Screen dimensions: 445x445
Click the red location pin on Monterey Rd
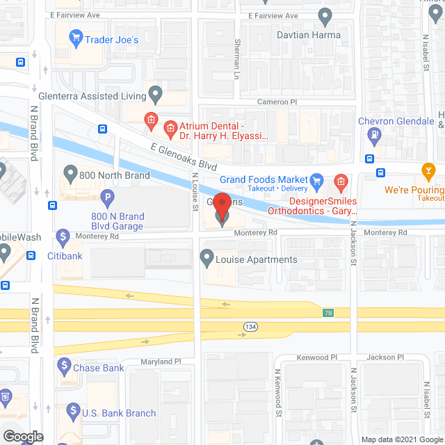click(222, 206)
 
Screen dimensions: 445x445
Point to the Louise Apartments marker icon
click(207, 259)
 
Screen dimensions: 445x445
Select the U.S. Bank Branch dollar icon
click(70, 413)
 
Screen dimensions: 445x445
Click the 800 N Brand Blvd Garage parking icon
click(107, 199)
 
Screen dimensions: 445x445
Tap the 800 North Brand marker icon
click(69, 172)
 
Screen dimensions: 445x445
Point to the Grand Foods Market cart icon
click(316, 180)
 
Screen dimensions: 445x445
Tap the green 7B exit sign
click(328, 312)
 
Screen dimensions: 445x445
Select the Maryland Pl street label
click(161, 362)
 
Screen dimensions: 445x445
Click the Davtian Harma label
click(286, 32)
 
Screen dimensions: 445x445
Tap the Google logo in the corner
click(22, 437)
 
